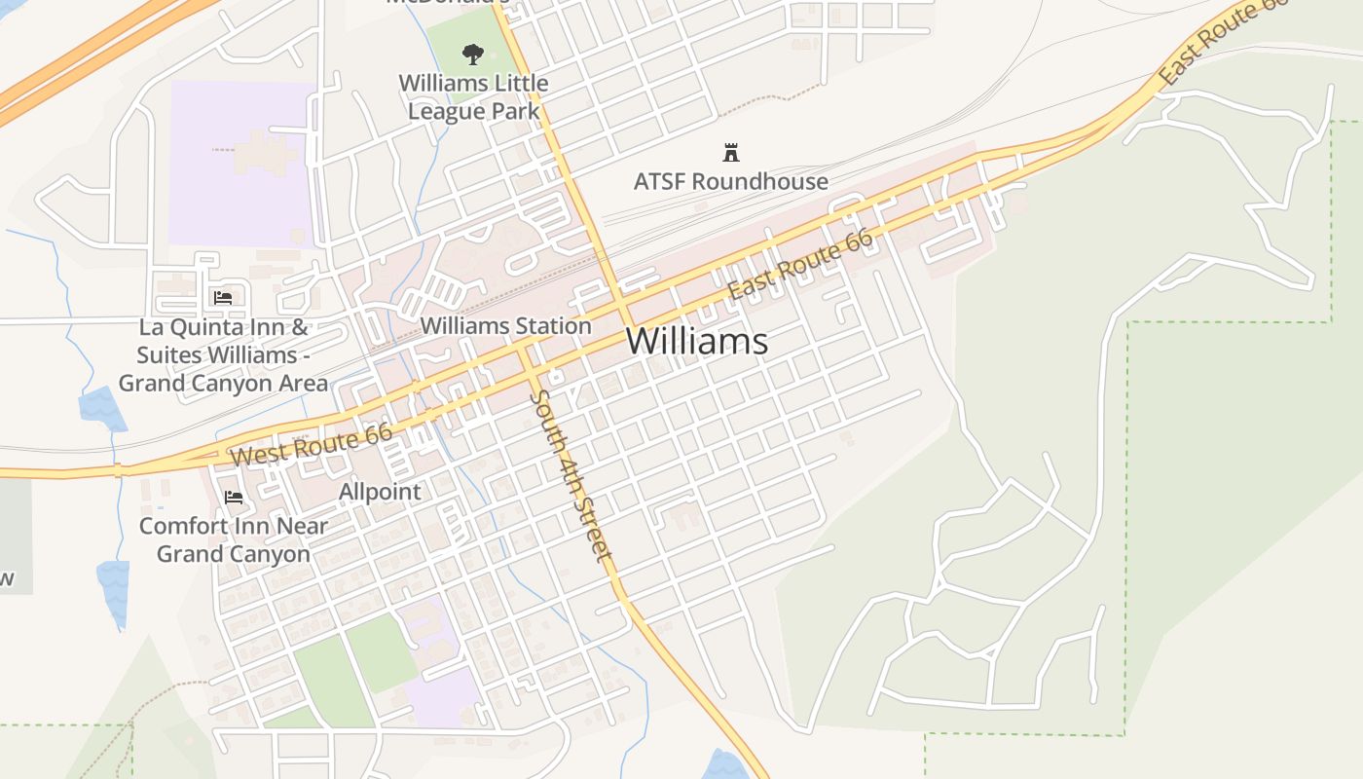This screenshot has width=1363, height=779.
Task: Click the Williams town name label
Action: point(696,342)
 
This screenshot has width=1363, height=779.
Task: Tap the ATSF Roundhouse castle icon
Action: point(730,152)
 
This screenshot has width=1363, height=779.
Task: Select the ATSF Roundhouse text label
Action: point(730,181)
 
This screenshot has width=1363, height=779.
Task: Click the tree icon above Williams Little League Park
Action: point(473,54)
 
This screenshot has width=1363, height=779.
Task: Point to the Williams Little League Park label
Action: point(474,97)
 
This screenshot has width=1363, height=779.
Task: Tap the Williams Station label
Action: point(506,326)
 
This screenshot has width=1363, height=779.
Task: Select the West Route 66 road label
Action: point(312,444)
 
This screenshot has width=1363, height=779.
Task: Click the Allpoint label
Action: point(380,492)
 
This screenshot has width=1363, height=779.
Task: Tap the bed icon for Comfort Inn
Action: point(234,498)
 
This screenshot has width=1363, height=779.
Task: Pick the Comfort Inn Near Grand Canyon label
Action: point(234,540)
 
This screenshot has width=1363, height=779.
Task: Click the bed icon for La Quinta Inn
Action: point(223,297)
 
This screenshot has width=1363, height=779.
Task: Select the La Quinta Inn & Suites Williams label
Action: point(224,355)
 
